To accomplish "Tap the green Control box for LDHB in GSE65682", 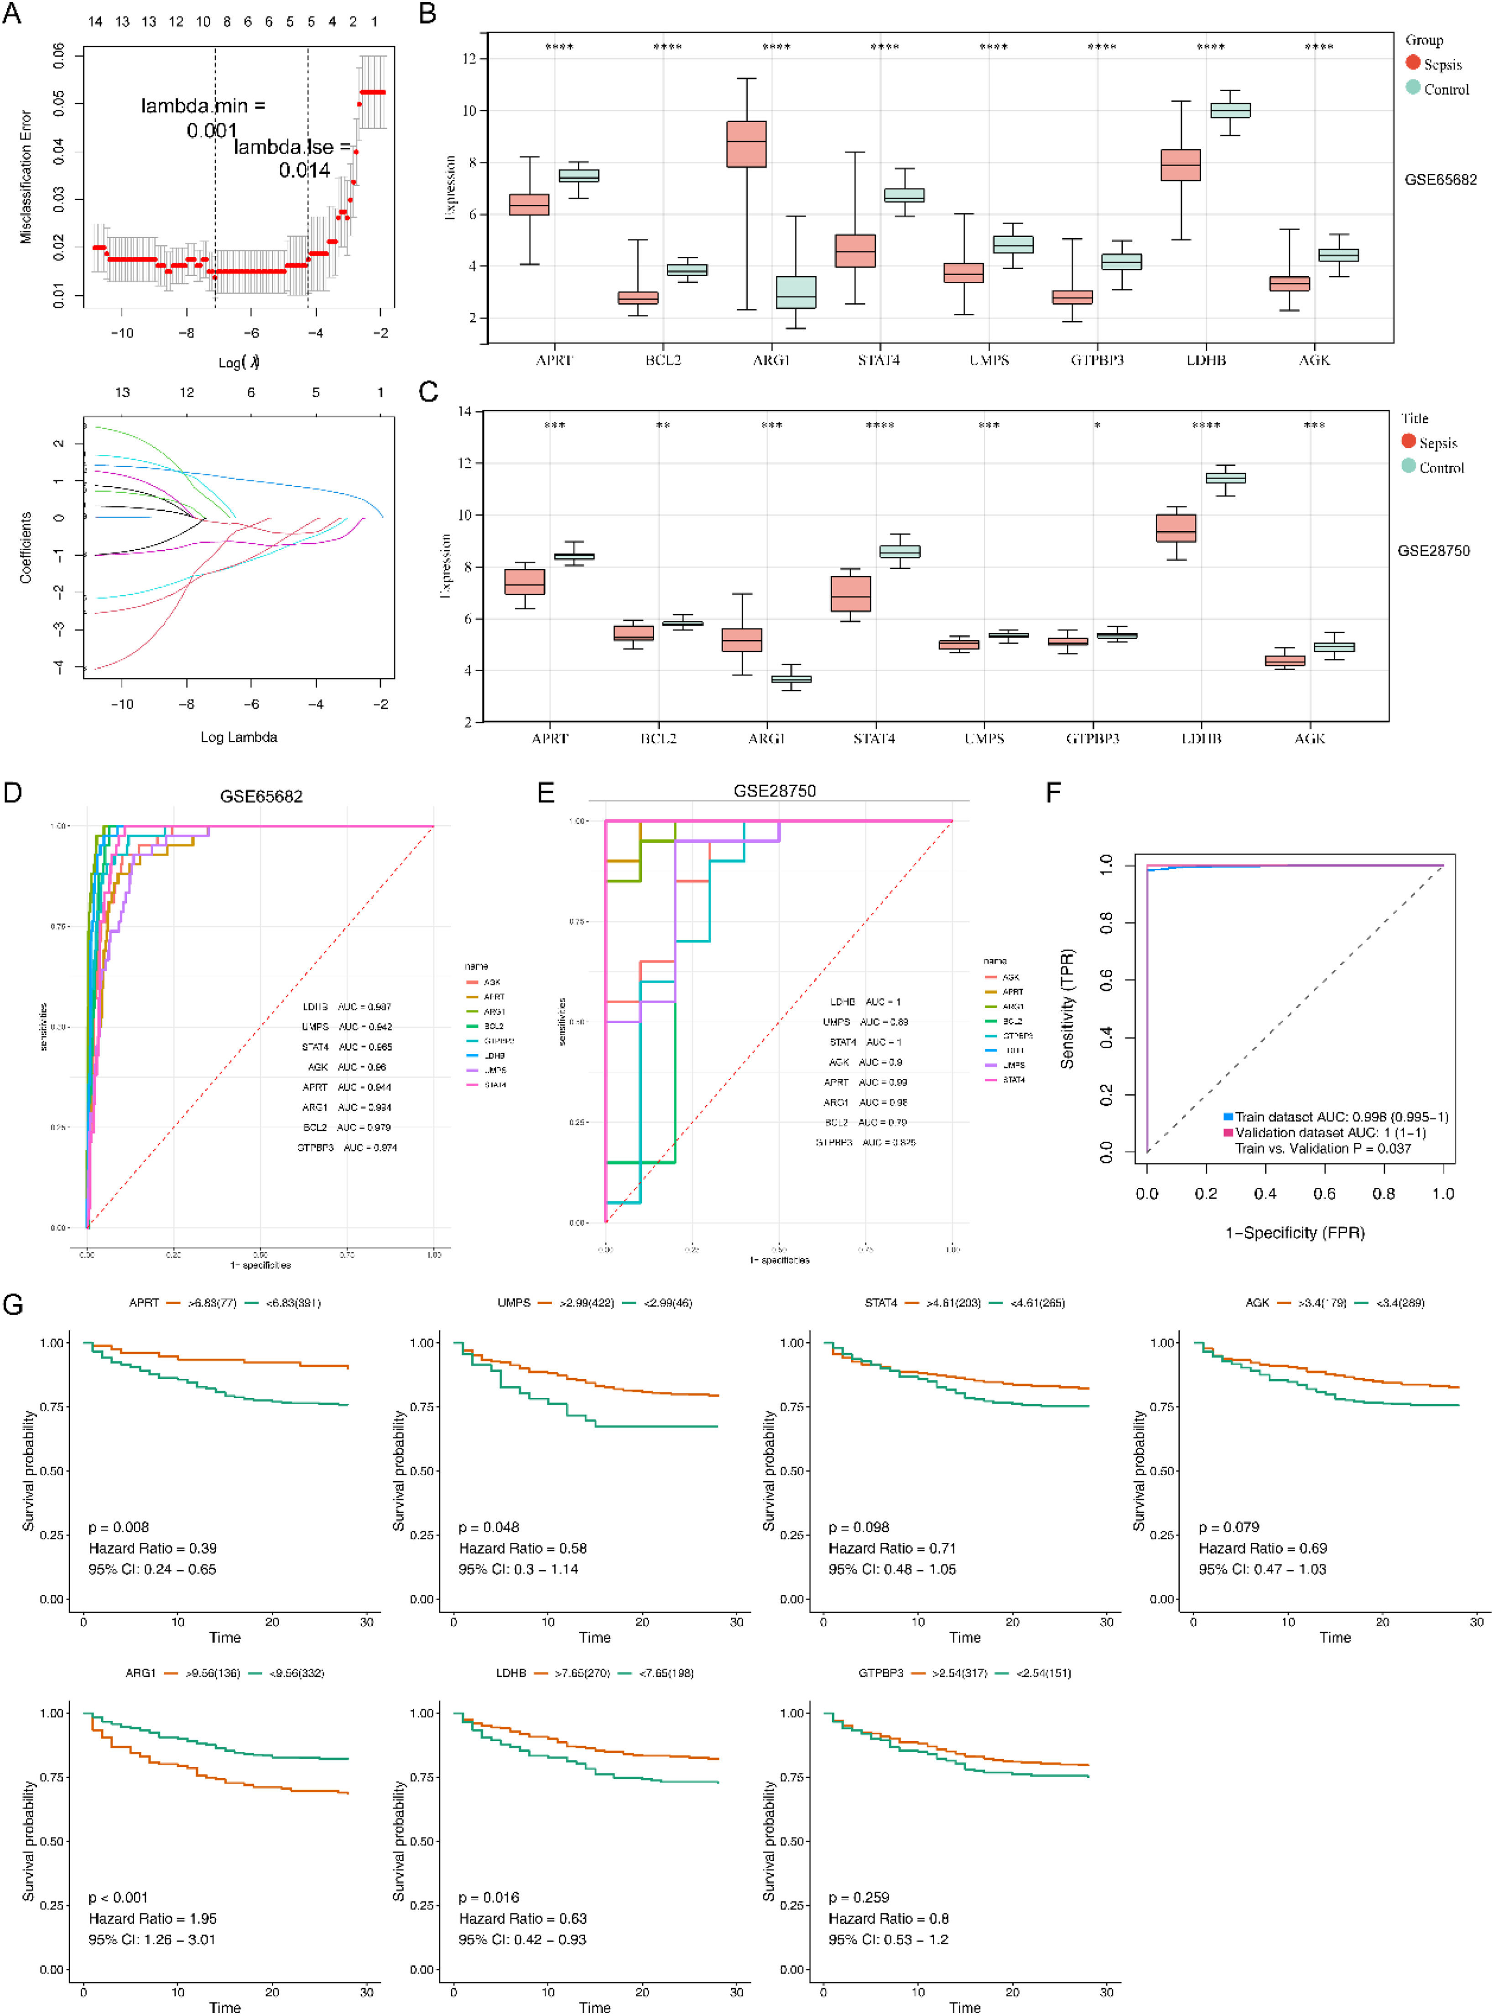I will pos(1230,110).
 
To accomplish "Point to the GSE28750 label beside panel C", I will pos(1433,551).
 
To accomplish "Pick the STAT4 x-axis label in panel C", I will pos(875,739).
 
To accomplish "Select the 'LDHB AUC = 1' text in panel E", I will pos(865,1002).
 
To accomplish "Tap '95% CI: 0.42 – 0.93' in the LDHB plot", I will pos(522,1939).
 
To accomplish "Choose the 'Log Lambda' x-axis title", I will pos(239,737).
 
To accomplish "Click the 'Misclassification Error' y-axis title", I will pos(26,177).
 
